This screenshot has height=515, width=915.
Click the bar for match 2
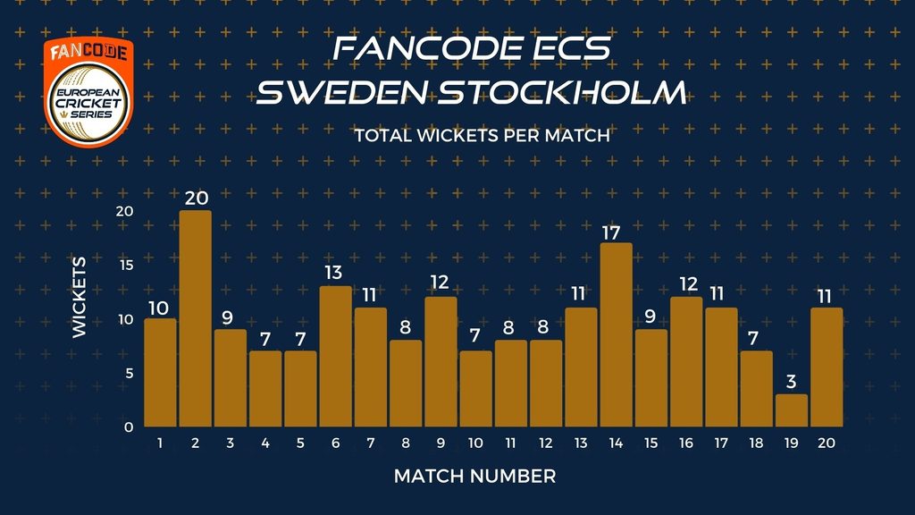tap(195, 318)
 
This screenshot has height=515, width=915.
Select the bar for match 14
tap(616, 334)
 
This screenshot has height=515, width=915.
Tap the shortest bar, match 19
tap(792, 410)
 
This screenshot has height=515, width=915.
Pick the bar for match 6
tap(336, 356)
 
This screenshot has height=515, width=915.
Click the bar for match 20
tap(827, 367)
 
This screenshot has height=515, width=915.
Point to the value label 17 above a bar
tap(610, 233)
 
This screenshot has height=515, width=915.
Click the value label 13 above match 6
tap(333, 273)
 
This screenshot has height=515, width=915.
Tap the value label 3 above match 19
tap(791, 381)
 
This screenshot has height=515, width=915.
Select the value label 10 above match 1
tap(158, 308)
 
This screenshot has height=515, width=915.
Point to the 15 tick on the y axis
tap(126, 265)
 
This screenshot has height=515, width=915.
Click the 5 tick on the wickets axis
tap(129, 373)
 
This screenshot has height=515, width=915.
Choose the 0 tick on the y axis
tap(129, 426)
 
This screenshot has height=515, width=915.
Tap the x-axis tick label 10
tap(475, 443)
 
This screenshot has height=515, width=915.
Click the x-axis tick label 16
tap(685, 443)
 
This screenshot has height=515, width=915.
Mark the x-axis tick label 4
tap(264, 443)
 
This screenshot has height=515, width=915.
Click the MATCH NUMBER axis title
tap(475, 477)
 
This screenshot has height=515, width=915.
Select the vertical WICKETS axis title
tap(80, 297)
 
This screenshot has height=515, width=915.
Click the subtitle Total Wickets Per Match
tap(482, 136)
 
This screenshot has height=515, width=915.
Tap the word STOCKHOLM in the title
tap(561, 93)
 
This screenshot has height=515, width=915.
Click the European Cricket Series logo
tap(88, 92)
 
